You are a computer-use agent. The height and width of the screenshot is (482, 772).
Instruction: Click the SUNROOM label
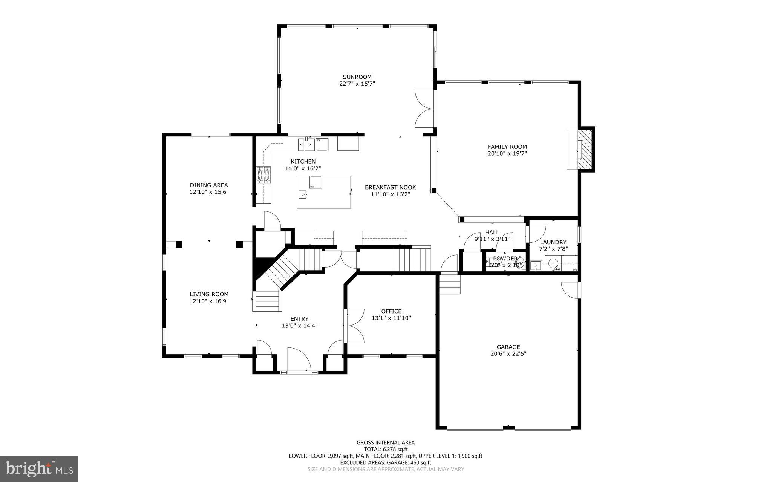(x=357, y=77)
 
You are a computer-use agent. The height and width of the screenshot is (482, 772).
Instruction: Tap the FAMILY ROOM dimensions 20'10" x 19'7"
(x=507, y=154)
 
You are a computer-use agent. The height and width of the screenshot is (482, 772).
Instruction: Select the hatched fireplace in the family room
(x=585, y=150)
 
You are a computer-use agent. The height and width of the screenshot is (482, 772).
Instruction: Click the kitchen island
(x=324, y=192)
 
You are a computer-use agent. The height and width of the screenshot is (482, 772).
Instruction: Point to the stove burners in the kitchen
(x=263, y=175)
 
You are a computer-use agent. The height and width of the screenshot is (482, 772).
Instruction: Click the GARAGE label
(x=508, y=347)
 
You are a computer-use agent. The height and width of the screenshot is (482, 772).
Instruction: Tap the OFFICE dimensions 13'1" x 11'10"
(x=391, y=318)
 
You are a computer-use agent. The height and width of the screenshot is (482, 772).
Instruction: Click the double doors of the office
(x=354, y=326)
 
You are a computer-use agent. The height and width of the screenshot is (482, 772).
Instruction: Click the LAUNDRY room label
(x=553, y=242)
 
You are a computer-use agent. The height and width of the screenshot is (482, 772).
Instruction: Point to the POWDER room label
(x=505, y=259)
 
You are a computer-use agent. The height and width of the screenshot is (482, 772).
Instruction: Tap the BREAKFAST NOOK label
(x=390, y=187)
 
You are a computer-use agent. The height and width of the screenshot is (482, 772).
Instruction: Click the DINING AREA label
(x=209, y=185)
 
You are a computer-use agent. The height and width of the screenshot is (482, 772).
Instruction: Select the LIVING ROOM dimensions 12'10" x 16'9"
(x=209, y=301)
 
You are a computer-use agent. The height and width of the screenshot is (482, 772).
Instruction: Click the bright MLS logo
(x=39, y=469)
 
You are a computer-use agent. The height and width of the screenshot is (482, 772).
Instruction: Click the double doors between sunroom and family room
(x=424, y=109)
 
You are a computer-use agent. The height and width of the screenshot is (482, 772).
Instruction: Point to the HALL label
(x=492, y=233)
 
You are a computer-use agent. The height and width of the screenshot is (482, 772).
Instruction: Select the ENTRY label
(x=299, y=319)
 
